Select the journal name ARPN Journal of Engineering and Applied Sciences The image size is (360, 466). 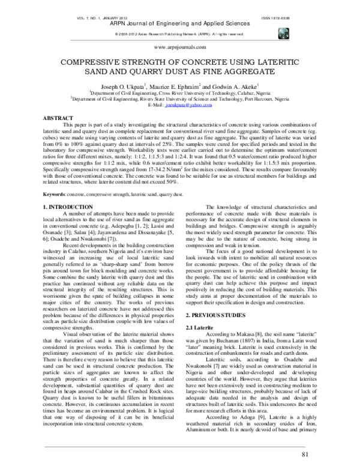click(179, 26)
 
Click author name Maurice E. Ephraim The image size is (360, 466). click(176, 87)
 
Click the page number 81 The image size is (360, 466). click(305, 454)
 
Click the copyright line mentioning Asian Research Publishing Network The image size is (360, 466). click(179, 34)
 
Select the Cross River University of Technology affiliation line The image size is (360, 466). click(180, 94)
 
